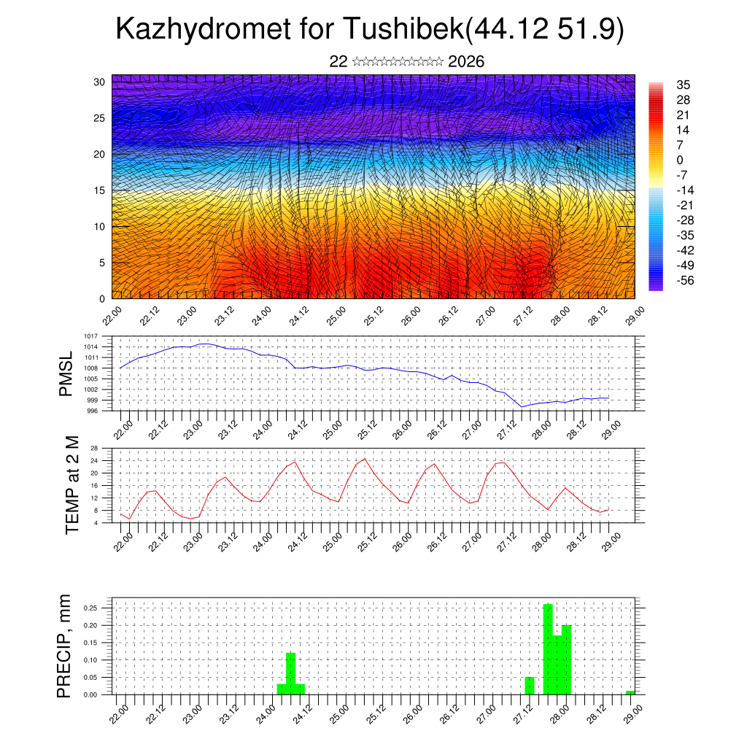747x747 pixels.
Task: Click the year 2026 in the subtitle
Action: coord(466,61)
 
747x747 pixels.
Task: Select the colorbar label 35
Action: coord(684,85)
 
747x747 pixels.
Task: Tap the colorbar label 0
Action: coord(680,160)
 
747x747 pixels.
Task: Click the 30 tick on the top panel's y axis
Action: coord(100,82)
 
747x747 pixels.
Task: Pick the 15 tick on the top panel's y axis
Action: coord(100,190)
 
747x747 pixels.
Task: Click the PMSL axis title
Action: coord(66,373)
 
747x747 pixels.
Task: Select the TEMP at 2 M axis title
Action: coord(71,484)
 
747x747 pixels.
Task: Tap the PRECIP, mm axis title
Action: coord(66,646)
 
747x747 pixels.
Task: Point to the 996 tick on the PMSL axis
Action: coord(93,411)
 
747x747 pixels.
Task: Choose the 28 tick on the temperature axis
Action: coord(94,448)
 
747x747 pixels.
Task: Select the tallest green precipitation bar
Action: coord(548,649)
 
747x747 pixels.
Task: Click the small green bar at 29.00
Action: coord(630,692)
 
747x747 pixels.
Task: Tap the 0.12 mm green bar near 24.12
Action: coord(291,673)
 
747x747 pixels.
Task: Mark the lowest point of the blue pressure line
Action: coord(522,407)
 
